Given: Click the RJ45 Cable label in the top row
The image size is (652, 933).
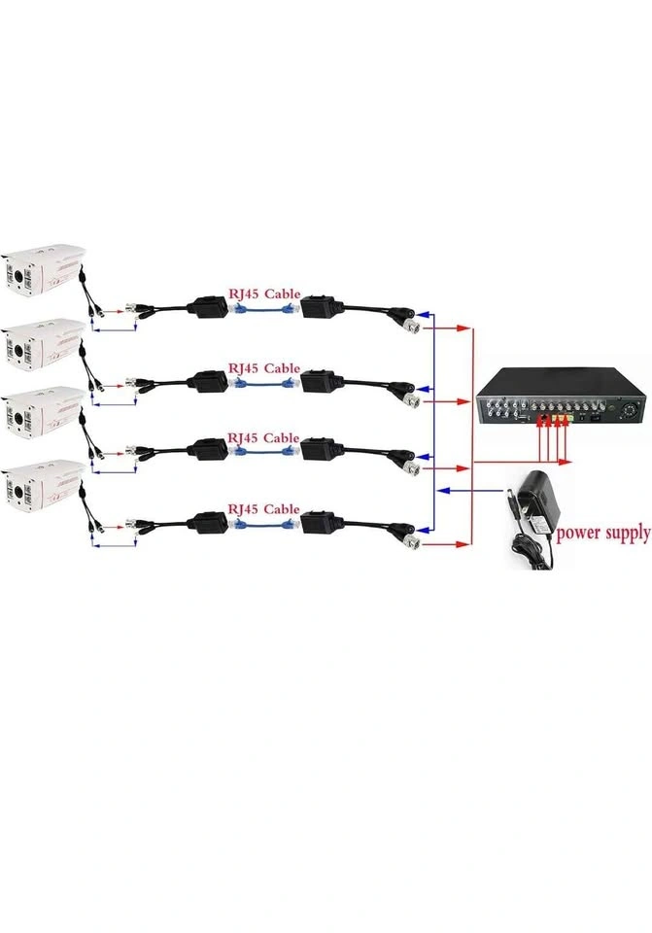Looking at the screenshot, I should [x=263, y=294].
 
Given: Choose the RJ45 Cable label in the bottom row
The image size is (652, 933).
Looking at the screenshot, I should [x=263, y=509].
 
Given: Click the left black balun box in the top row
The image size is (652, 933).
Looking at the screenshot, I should [x=208, y=306].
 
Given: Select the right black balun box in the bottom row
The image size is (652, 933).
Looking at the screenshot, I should [x=321, y=524].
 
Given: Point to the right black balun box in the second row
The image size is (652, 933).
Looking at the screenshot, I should [x=321, y=379].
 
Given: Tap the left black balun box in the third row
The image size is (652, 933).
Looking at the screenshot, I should [x=208, y=449].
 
